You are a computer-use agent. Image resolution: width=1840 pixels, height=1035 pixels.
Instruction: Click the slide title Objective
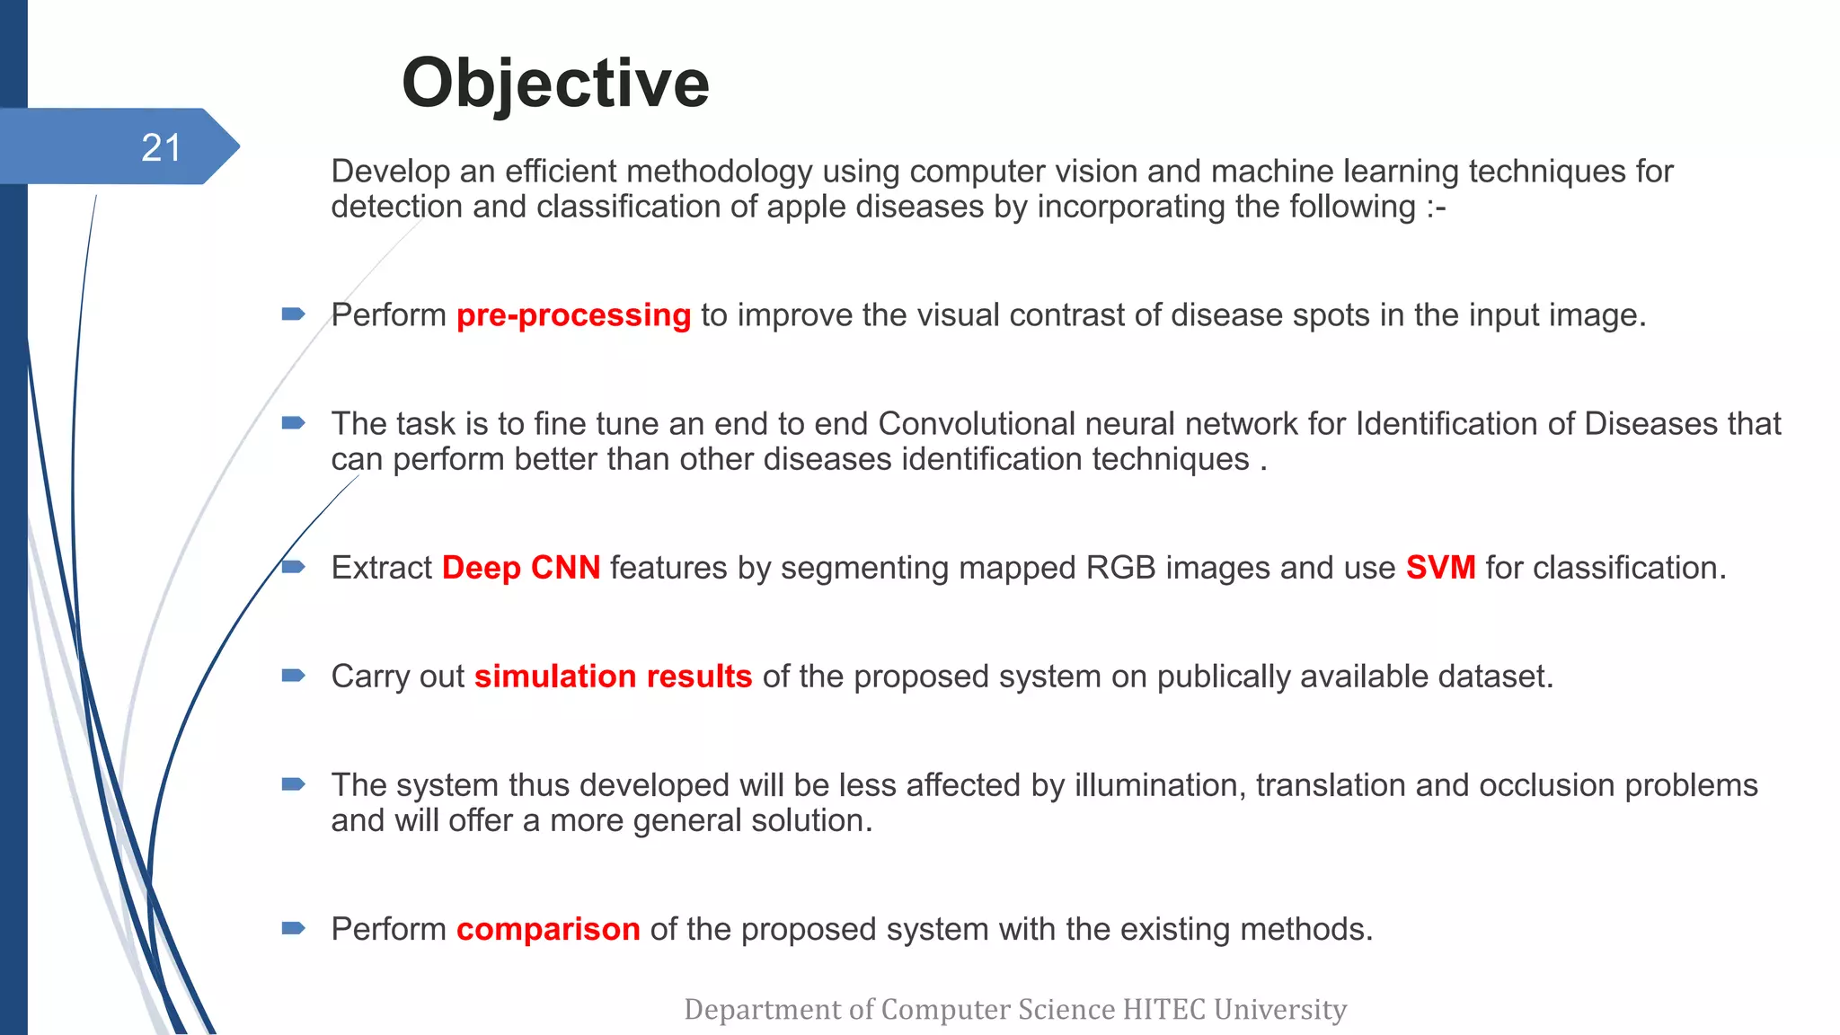tap(555, 84)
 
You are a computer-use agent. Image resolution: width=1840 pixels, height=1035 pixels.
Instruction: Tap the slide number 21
tap(162, 147)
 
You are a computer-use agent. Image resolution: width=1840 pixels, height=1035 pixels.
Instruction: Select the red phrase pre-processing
tap(573, 315)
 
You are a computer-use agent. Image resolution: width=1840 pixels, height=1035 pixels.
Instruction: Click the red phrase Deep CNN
tap(521, 568)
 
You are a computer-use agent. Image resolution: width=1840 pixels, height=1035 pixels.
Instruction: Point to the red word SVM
tap(1440, 568)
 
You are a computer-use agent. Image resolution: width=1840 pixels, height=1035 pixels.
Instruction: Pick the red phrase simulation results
tap(613, 677)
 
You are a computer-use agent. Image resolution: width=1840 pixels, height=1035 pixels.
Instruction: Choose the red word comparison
tap(548, 929)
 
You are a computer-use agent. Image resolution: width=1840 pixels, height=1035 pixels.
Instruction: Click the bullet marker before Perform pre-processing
tap(293, 314)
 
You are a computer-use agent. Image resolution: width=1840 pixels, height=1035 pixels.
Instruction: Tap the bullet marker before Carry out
tap(293, 676)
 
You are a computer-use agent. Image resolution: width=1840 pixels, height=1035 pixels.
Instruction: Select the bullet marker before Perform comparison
tap(293, 928)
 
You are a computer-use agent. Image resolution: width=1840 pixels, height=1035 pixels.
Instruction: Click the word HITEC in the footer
tap(1164, 1010)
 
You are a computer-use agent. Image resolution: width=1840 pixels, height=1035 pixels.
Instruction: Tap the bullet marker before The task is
tap(293, 423)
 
